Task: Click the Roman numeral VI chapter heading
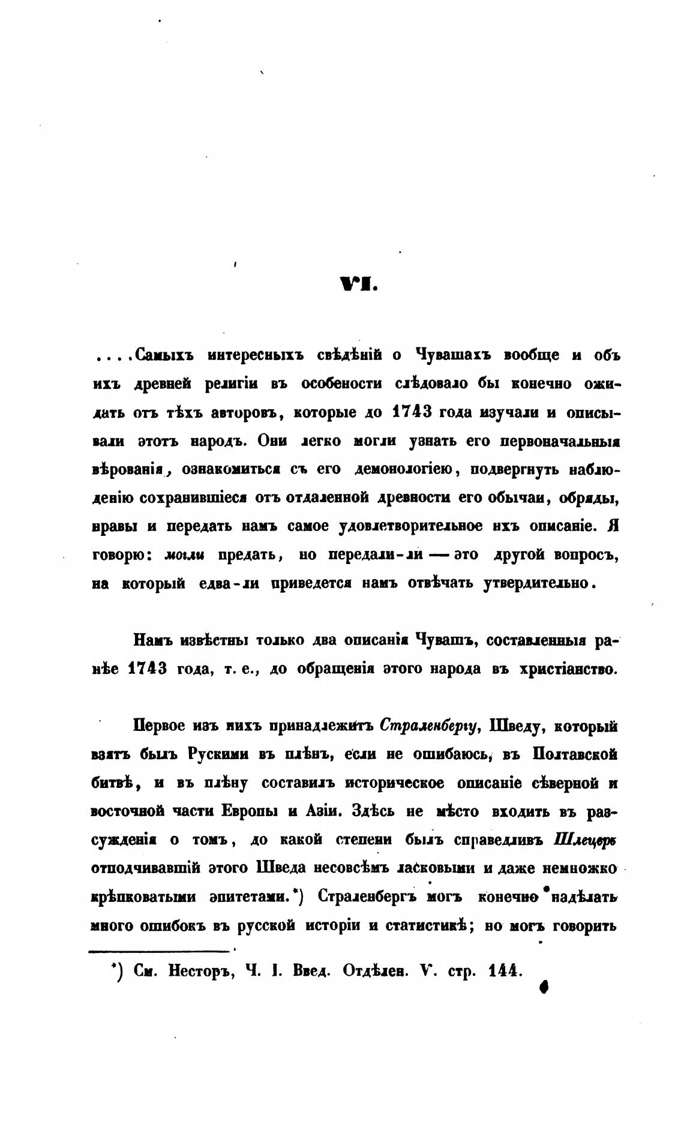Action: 358,284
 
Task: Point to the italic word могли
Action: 185,555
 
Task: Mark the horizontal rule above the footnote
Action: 160,949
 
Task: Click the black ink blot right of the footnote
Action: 545,985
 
